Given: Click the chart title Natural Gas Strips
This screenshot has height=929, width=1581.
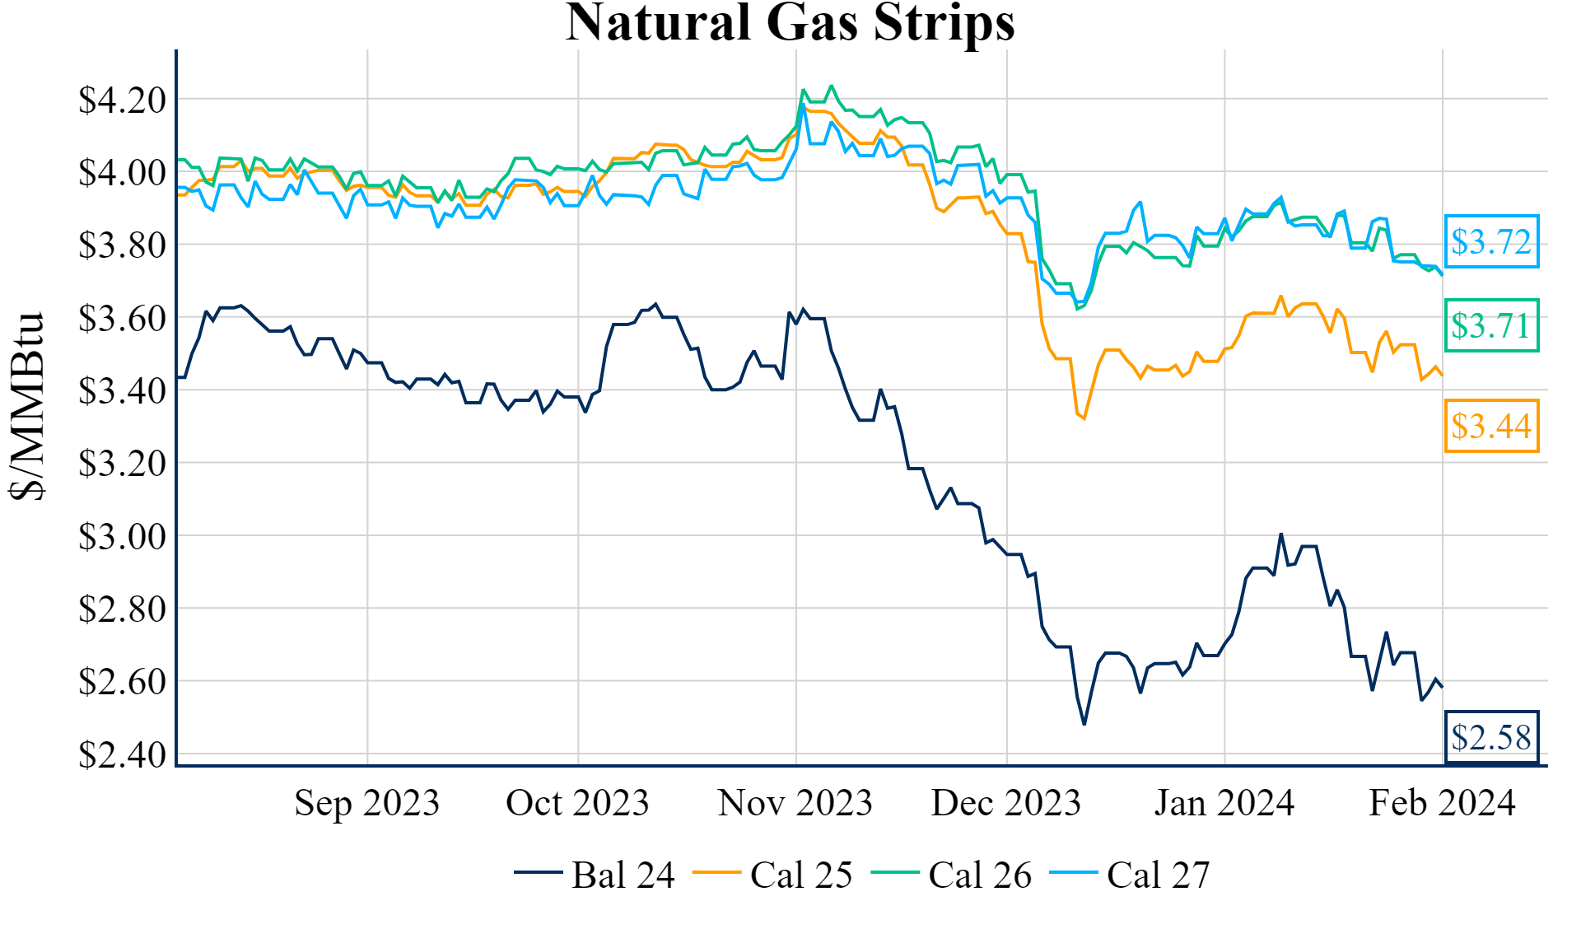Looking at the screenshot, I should [790, 22].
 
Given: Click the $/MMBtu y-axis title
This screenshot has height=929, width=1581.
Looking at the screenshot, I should [27, 406].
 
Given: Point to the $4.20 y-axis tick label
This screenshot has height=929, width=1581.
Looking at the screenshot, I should [122, 100].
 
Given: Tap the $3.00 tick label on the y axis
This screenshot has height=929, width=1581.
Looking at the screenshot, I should [122, 536].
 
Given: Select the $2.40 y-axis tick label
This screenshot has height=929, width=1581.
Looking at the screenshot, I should [122, 754].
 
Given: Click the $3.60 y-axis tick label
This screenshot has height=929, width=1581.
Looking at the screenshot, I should [122, 318].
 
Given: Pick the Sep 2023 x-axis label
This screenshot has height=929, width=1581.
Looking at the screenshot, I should [367, 803].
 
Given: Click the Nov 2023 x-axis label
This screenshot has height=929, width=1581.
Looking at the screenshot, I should [795, 803].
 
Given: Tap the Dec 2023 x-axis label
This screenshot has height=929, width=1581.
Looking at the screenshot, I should [1005, 803].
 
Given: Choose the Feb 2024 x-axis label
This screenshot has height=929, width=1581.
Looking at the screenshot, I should [1442, 803].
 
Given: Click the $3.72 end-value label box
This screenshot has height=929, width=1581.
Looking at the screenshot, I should [1491, 241].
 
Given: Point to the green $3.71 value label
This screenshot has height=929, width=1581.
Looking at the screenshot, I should [1491, 325].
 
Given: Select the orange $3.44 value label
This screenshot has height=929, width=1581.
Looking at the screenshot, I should [1491, 426].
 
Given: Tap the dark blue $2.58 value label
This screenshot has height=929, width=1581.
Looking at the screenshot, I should [1491, 737].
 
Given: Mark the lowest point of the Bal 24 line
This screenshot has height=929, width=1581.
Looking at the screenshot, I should [1084, 724].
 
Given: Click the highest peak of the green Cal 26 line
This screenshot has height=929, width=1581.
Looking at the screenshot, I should [831, 86].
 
